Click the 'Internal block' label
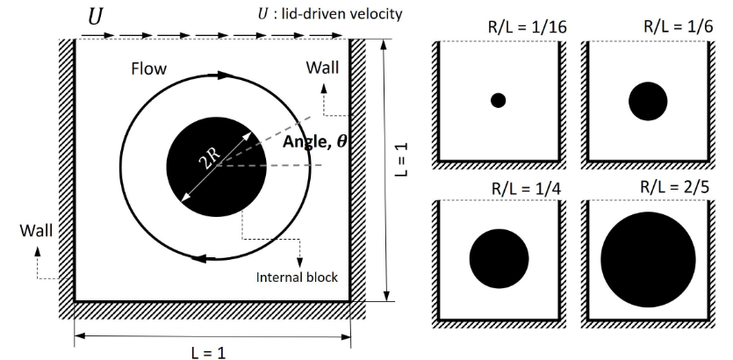pyautogui.click(x=296, y=277)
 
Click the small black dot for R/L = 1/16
pyautogui.click(x=498, y=100)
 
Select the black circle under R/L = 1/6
pyautogui.click(x=649, y=101)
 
